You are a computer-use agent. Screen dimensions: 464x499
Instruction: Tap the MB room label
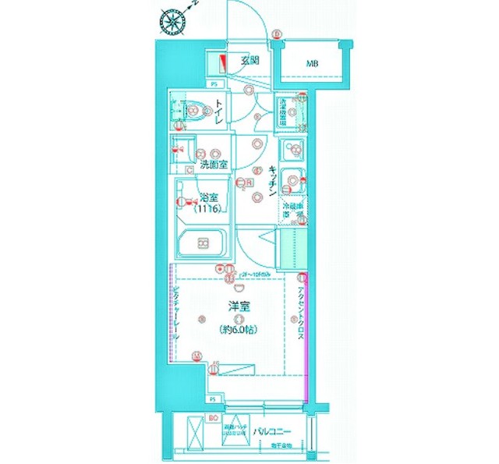pos(311,63)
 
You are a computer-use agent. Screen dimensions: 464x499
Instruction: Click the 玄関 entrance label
pos(249,60)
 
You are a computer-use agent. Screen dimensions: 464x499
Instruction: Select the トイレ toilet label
pos(221,114)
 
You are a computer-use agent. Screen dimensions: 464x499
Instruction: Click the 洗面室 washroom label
pos(213,165)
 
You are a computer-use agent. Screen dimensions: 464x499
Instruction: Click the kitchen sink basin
pos(294,181)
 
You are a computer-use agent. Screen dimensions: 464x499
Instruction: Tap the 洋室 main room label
pos(239,306)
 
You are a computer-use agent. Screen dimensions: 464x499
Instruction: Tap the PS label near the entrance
pos(214,83)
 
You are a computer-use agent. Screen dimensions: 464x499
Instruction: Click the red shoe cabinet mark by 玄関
pos(221,63)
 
